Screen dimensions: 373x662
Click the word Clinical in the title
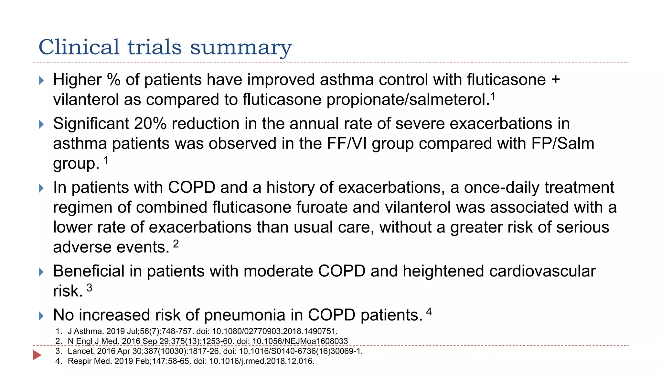[79, 47]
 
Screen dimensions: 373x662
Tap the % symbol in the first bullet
[113, 80]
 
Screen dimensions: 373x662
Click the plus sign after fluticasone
[555, 80]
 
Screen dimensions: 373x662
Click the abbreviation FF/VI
[347, 143]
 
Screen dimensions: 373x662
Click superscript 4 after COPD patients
[429, 311]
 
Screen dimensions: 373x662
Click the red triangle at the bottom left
[37, 355]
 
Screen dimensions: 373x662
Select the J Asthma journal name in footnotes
[86, 331]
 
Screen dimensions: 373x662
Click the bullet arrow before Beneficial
[41, 272]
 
